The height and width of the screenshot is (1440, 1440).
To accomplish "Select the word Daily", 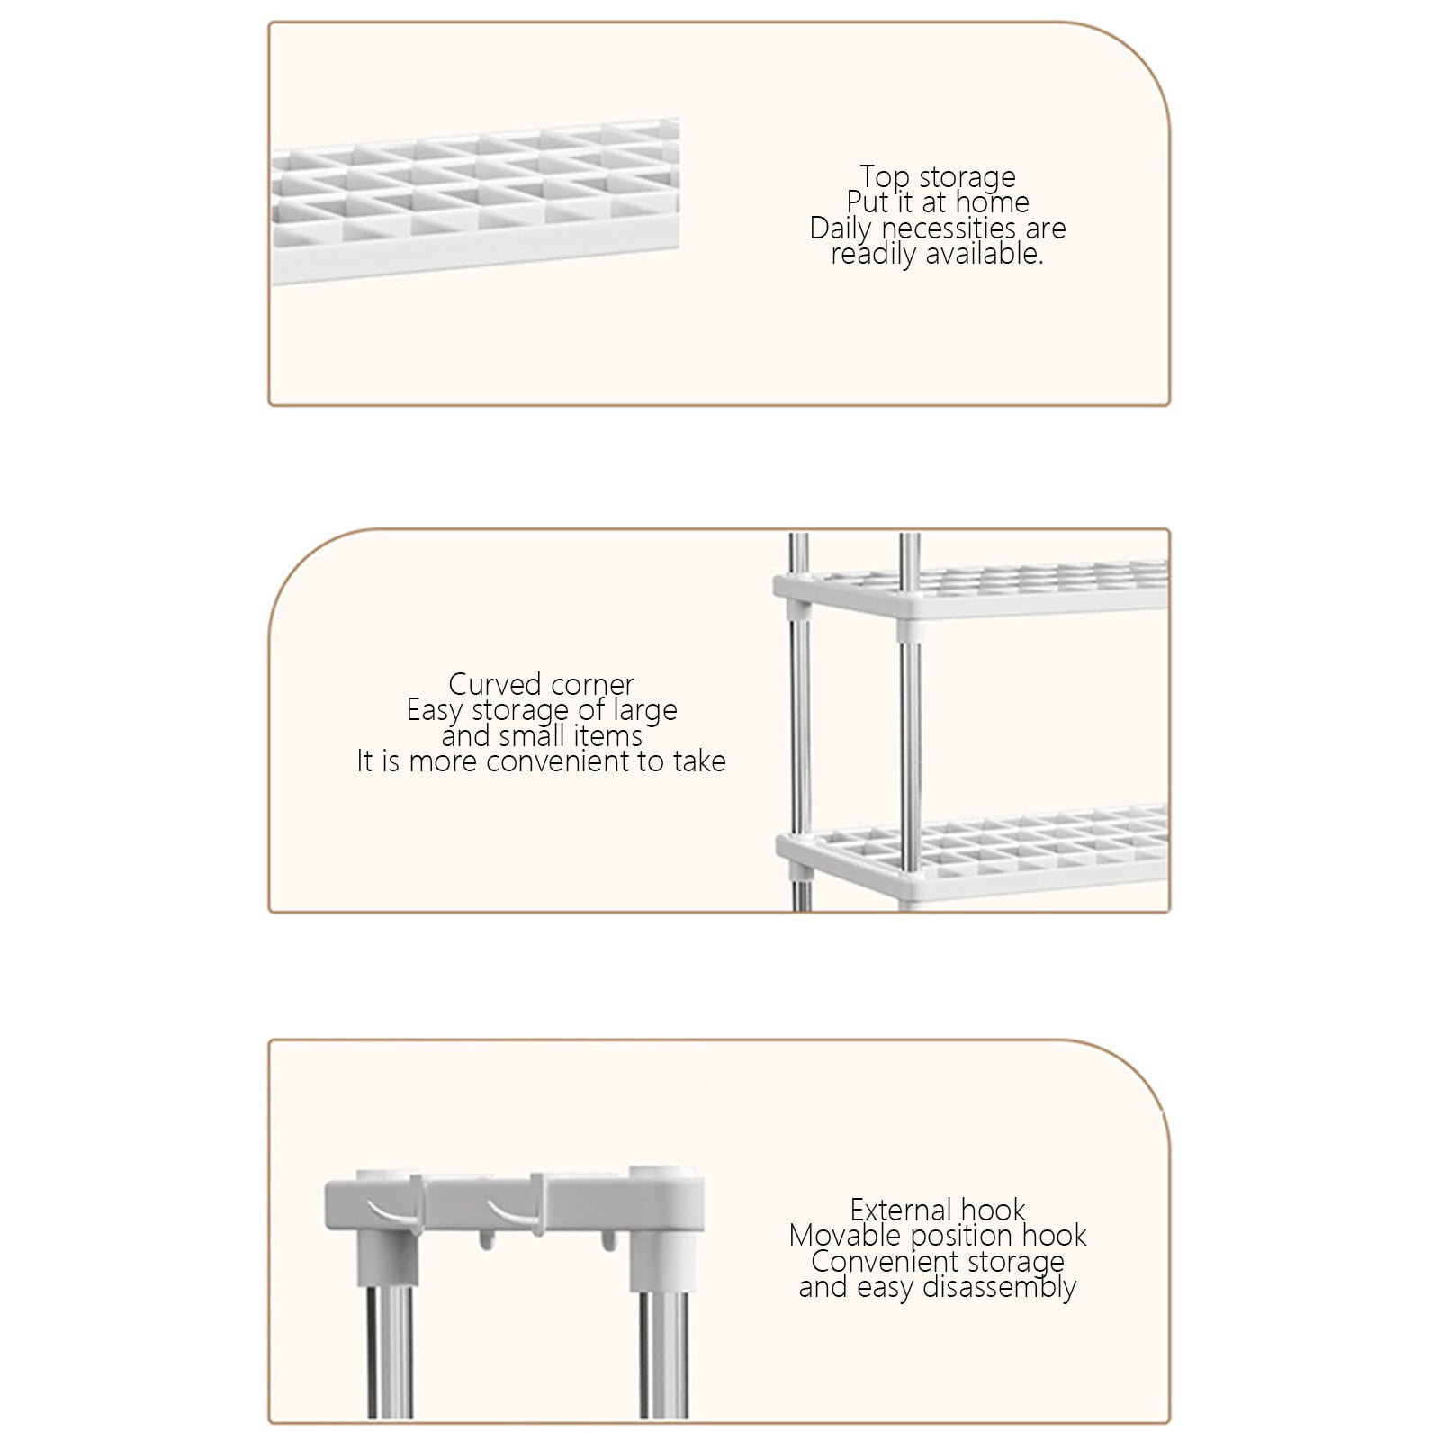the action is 840,229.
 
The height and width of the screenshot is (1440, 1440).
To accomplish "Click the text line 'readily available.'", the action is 937,254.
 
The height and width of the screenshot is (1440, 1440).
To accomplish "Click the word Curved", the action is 494,684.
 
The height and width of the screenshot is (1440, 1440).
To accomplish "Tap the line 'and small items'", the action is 542,736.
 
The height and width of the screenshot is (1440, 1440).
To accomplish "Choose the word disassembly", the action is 998,1288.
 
